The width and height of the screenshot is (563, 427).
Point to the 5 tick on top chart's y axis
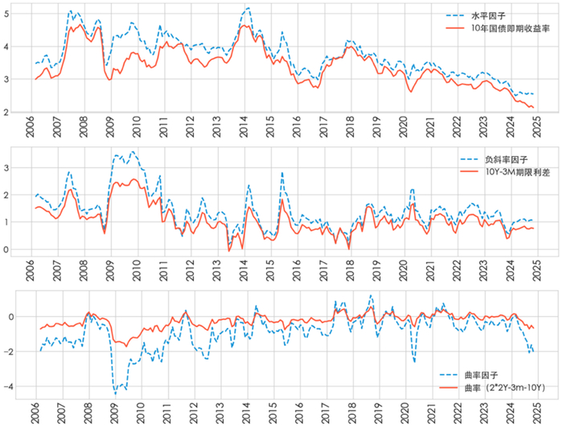(x=7, y=13)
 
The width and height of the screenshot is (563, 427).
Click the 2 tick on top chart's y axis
(x=7, y=112)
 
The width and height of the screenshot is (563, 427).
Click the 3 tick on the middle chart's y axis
(x=7, y=167)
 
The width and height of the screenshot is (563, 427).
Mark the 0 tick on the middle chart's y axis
(x=7, y=249)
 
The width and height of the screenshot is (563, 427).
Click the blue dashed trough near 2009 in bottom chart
(x=115, y=393)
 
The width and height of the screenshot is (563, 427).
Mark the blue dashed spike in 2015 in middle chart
(x=281, y=172)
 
